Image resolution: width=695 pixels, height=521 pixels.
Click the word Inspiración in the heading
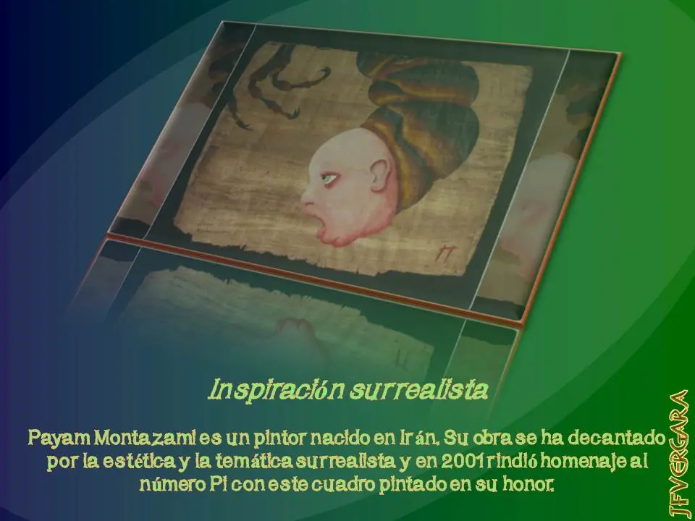pos(276,391)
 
